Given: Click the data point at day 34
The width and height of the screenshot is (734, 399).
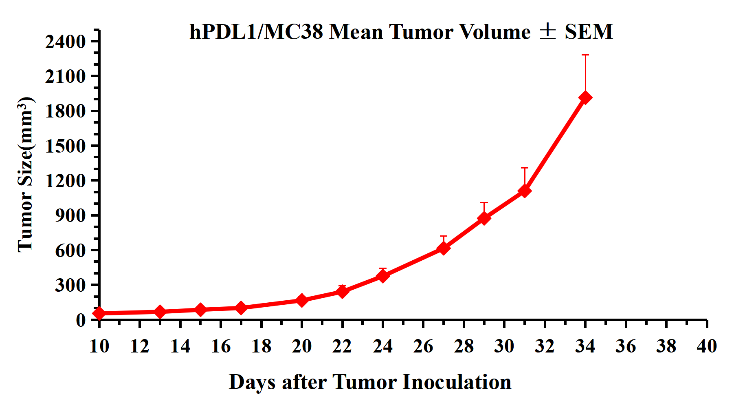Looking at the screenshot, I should click(x=585, y=98).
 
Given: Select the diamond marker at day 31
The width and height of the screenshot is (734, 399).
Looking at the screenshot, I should click(x=525, y=191).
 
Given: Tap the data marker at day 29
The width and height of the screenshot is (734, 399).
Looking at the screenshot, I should click(x=484, y=218).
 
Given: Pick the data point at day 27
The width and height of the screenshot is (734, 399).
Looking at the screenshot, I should click(x=444, y=248).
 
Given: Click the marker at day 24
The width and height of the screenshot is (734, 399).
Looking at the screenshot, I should click(x=382, y=276).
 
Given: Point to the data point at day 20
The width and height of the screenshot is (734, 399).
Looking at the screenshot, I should click(x=301, y=300).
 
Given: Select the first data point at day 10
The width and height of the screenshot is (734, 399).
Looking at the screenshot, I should click(x=99, y=313).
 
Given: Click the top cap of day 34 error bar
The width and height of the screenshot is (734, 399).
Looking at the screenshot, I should click(x=585, y=55).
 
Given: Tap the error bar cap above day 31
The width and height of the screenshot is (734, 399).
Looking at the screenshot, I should click(x=525, y=168).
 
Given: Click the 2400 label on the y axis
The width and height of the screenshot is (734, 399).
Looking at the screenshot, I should click(x=65, y=41).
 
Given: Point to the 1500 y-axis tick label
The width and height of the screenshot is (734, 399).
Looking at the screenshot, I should click(x=65, y=146).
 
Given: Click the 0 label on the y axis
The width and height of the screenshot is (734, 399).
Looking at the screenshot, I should click(x=81, y=320).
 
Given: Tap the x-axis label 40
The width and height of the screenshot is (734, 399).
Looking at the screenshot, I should click(x=707, y=346).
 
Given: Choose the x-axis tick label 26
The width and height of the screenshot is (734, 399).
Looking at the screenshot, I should click(x=423, y=346).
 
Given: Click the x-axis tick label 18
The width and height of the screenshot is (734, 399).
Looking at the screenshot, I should click(x=261, y=346).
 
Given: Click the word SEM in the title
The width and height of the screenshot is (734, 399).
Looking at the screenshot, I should click(x=589, y=32).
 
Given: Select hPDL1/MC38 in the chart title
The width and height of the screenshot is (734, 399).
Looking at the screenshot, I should click(x=256, y=32).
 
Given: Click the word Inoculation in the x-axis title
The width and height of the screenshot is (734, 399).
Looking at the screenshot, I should click(x=457, y=382).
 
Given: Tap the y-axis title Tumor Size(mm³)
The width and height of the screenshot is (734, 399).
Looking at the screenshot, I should click(x=25, y=175).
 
